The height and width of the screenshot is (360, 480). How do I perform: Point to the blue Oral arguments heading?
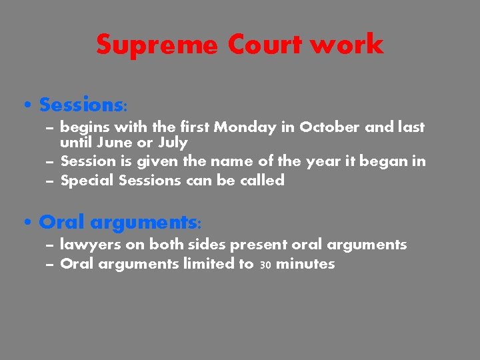(x=120, y=221)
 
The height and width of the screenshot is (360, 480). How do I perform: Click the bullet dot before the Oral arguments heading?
(x=25, y=222)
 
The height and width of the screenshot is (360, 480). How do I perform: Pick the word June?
(x=113, y=143)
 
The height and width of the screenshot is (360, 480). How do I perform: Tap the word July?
(x=173, y=143)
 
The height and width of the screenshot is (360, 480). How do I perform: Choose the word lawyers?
(x=86, y=245)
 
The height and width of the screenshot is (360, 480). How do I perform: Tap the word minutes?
(x=305, y=264)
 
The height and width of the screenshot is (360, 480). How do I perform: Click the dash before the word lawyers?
(x=51, y=245)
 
